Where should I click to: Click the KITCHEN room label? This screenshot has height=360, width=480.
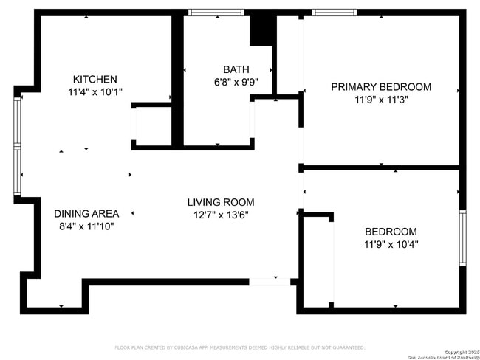[x=95, y=80]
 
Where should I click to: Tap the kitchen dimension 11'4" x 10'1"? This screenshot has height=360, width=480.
[x=95, y=92]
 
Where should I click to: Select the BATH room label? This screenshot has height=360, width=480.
[x=236, y=70]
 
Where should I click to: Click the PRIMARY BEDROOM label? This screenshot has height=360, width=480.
[x=380, y=87]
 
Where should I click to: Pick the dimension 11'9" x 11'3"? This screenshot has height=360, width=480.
[x=381, y=100]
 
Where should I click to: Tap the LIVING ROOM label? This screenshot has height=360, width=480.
[x=220, y=202]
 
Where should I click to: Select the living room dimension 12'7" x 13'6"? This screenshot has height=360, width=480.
[x=220, y=215]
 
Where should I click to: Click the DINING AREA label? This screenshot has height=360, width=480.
[x=86, y=214]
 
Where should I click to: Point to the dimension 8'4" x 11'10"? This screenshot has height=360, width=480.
[x=86, y=226]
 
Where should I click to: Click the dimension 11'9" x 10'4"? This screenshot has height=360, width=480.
[x=390, y=244]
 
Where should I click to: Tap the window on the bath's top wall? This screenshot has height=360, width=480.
[x=216, y=13]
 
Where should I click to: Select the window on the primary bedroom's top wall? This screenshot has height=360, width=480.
[x=335, y=13]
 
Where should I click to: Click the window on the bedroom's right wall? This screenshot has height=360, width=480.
[x=462, y=238]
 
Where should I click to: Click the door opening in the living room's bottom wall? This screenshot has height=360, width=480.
[x=270, y=281]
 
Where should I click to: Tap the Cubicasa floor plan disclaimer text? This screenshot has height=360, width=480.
[x=239, y=347]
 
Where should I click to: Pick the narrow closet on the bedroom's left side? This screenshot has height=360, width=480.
[x=318, y=262]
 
